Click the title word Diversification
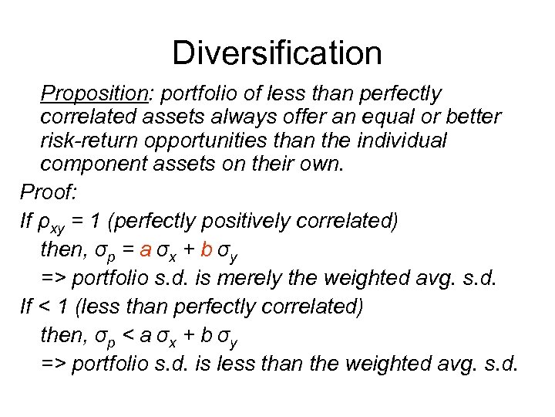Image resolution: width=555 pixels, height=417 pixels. [x=277, y=53]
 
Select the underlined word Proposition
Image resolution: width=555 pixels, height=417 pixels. [x=93, y=94]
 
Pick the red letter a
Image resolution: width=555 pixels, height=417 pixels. [x=146, y=249]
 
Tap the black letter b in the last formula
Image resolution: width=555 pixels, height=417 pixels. [x=206, y=334]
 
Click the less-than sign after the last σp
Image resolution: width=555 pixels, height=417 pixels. [x=126, y=335]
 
